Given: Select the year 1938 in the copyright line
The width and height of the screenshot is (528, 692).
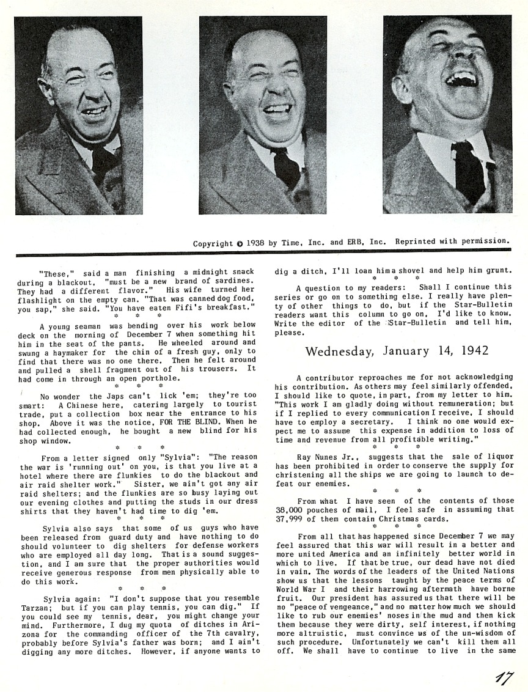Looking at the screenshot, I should (256, 243).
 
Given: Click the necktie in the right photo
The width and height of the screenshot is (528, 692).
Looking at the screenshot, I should (469, 172).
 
